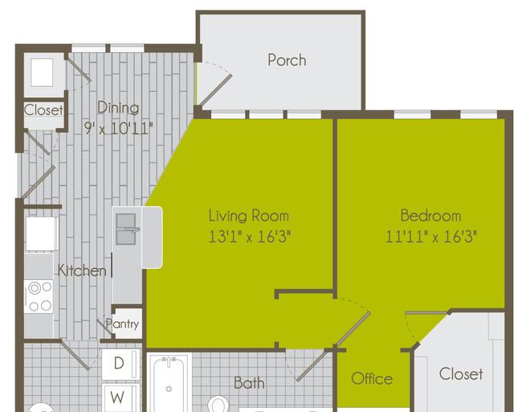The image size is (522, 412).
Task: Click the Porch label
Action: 287,60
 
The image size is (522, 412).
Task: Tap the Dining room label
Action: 118,108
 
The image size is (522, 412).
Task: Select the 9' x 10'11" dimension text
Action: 118,129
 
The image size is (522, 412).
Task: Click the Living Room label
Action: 249,216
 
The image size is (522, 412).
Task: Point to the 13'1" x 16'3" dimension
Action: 249,237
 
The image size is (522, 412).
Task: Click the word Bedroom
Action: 430,216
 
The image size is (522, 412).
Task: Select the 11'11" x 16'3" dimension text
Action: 431,237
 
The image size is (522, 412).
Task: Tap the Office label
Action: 372,379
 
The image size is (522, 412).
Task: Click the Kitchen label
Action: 82,270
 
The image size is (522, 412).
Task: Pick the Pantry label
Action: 122,323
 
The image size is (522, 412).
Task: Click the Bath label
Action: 249,383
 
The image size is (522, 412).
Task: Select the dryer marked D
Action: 120,364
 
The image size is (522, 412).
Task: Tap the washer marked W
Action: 120,398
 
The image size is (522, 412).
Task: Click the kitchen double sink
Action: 126,229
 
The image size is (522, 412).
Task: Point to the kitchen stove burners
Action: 39,296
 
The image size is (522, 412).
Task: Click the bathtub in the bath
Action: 169,383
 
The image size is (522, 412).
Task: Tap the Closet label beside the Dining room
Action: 43,109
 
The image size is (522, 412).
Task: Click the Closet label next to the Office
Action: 461,373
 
